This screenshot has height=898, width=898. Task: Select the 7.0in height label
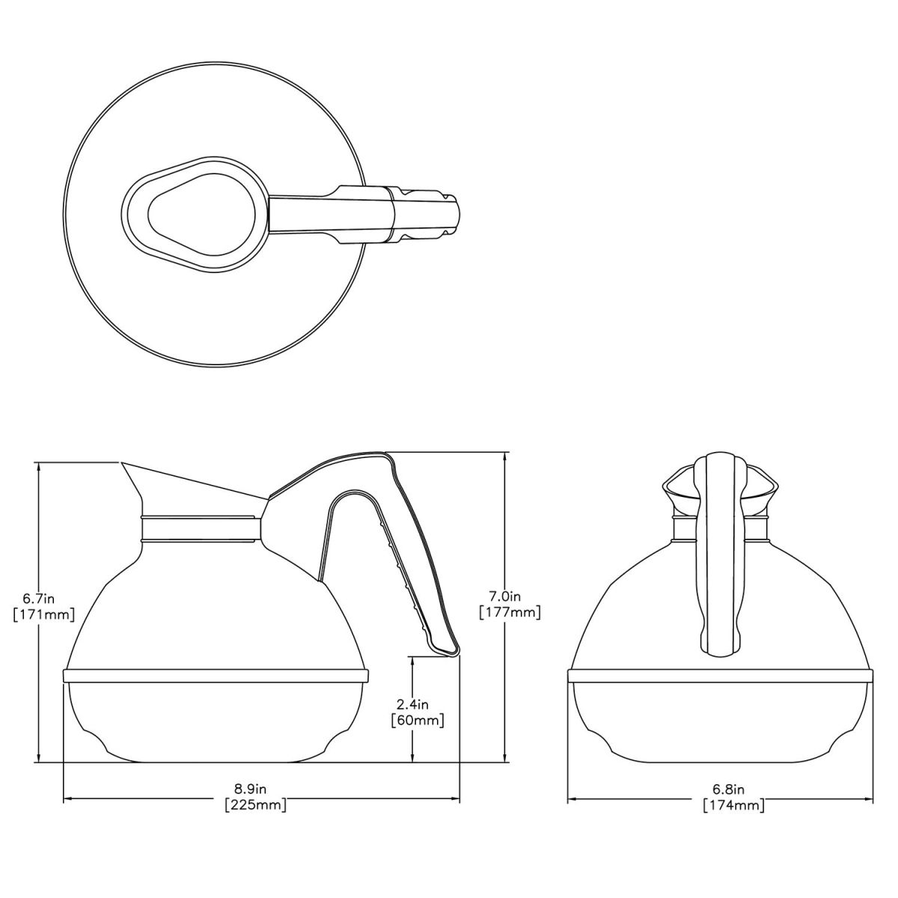pos(505,596)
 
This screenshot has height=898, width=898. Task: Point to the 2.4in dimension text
pos(413,704)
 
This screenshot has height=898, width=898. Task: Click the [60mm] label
pos(418,721)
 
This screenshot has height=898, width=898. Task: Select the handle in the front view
pos(719,554)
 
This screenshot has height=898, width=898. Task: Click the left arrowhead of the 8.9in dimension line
pos(67,798)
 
